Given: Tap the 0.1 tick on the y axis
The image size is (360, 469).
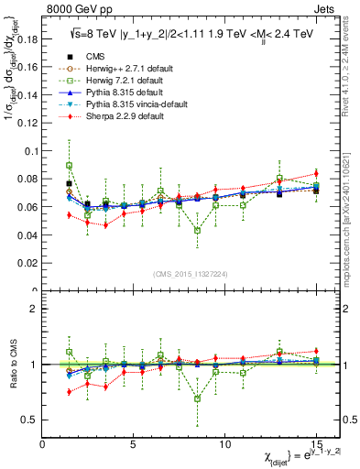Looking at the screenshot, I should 33,151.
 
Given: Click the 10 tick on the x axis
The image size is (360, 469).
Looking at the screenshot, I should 225,444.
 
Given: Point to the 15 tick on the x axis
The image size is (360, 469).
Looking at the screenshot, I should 316,444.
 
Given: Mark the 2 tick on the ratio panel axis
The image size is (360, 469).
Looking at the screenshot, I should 36,309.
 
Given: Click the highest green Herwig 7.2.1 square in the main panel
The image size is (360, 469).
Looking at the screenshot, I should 70,166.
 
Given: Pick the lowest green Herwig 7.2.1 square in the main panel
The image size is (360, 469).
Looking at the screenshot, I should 198,230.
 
